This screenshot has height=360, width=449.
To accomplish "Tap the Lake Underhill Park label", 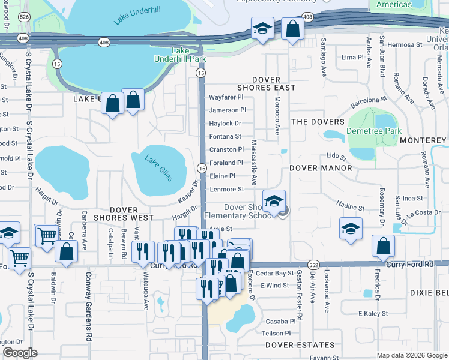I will coord(188,55).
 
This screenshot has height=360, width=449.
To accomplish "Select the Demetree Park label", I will coord(374,131).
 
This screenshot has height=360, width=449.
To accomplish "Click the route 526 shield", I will coord(24,17).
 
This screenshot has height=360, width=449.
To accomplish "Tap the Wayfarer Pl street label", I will coord(225,97).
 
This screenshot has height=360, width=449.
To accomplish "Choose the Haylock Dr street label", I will coord(224,123).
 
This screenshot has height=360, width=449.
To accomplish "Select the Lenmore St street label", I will coord(226,189).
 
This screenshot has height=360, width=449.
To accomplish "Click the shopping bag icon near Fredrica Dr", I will coord(382,247).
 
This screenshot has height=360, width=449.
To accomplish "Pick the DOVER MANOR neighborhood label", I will coord(321,169).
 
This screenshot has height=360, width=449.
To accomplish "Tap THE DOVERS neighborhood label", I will coord(318,122).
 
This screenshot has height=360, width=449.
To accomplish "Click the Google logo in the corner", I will coord(20,353).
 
